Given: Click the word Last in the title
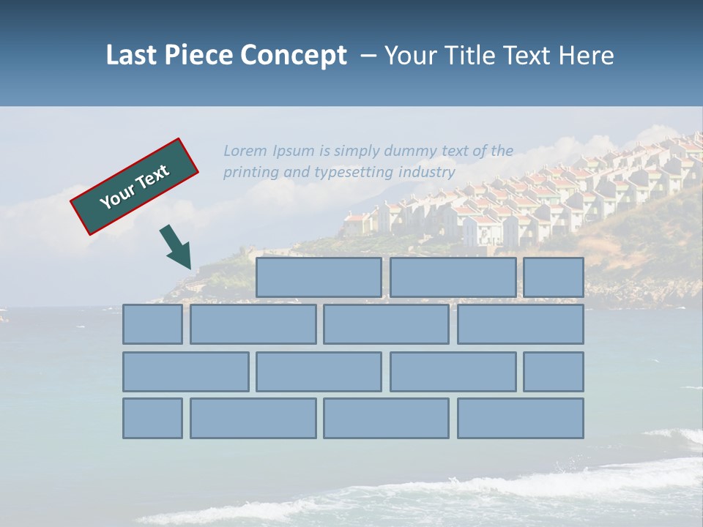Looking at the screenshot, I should click(133, 56).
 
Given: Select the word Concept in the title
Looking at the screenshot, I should click(292, 56).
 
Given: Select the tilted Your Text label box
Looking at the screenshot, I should click(135, 187).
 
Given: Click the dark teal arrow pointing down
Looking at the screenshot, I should click(176, 247).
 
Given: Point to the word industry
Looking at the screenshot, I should click(427, 173).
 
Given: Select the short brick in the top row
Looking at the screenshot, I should click(554, 277).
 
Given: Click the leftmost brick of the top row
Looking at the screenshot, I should click(319, 277).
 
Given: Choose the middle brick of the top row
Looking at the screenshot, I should click(453, 277).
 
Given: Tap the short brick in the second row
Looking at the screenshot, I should click(152, 324).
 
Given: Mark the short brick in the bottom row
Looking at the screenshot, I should click(152, 418).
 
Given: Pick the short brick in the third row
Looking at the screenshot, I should click(554, 372).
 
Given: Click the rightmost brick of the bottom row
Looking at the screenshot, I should click(520, 418).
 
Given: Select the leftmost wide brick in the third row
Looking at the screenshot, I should click(186, 372).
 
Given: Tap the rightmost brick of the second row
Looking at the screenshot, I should click(520, 324).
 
